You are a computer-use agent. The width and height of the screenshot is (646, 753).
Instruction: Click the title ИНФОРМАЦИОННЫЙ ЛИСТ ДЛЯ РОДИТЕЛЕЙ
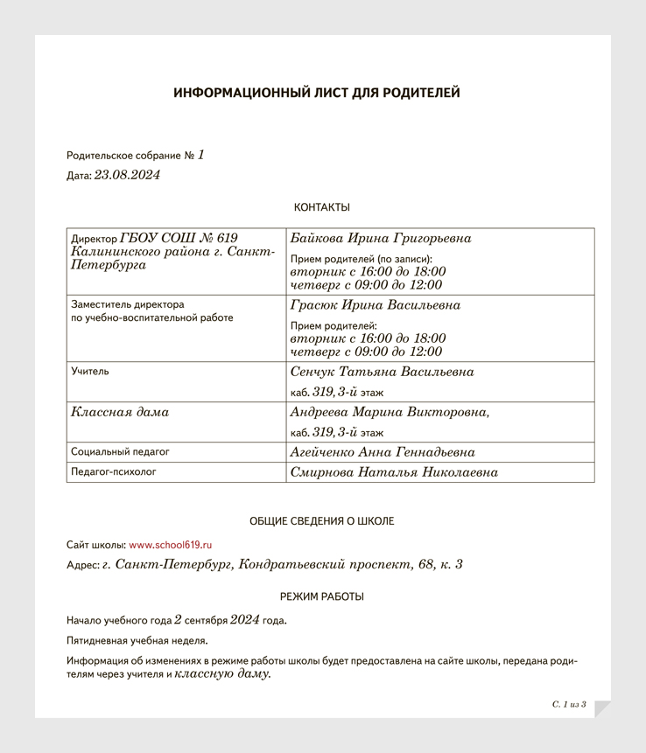coord(316,94)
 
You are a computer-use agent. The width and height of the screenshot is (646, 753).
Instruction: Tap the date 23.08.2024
coord(127,175)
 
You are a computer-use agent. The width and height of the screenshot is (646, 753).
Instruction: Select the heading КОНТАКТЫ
coord(321,207)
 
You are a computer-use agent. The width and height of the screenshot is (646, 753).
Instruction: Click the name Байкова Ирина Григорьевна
coord(380,239)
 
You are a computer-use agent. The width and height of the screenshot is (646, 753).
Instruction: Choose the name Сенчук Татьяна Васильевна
coord(382,372)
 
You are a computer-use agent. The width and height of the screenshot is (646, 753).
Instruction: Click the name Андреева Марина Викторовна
coord(389,412)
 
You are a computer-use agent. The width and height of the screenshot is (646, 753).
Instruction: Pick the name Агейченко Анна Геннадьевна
coord(383,452)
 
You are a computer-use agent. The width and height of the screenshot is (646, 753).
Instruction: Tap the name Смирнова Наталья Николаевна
coord(394,472)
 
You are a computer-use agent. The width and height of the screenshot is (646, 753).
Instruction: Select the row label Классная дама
coord(120,412)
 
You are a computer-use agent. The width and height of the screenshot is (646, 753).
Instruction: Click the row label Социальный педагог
coord(120,452)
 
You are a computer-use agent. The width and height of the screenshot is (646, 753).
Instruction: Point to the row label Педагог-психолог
coord(114,472)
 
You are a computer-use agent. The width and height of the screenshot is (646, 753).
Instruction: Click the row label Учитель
coord(90,371)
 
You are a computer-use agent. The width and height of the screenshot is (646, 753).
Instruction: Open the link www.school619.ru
coord(171,544)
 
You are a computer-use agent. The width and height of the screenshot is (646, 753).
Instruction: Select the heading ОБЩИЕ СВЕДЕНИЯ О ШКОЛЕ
coord(321,521)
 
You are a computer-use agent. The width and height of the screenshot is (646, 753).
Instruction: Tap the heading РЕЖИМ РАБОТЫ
coord(321,596)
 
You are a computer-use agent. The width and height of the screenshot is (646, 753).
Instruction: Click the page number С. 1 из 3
coord(569,704)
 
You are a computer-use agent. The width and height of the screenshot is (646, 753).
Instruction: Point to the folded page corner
coord(601,708)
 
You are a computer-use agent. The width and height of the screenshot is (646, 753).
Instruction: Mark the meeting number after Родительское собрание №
coord(200,155)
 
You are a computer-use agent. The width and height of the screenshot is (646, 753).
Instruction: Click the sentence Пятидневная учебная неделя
coord(137,641)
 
